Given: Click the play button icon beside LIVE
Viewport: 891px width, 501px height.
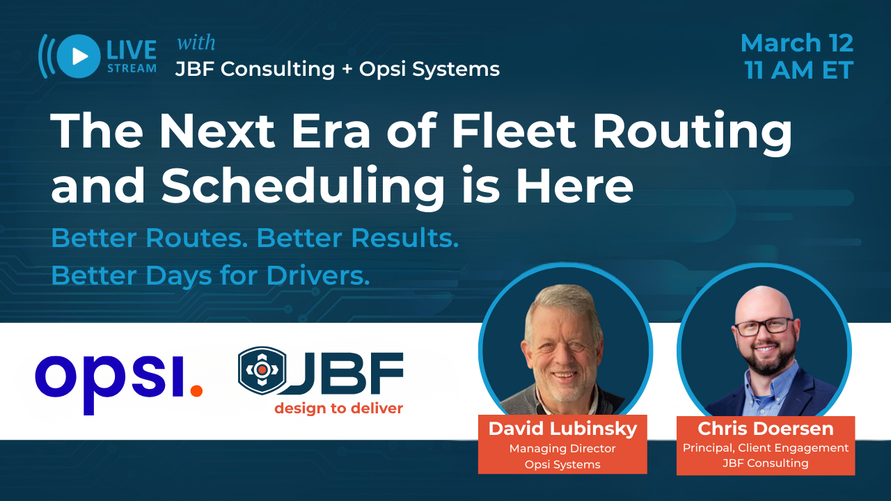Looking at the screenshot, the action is coord(79,56).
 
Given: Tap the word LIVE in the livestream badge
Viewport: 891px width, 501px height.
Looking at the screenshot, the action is coord(132,50).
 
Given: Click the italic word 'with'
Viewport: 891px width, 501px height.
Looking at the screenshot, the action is coord(196,42).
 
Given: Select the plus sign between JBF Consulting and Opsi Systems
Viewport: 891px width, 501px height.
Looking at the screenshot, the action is coord(347,69).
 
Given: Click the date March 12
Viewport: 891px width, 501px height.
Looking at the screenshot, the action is coord(797,43).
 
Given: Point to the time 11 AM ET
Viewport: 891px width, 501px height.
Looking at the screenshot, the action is coord(798,70).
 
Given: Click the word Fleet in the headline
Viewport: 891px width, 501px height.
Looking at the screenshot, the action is coord(514,130).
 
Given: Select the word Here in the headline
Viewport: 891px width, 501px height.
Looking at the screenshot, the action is coord(574,185).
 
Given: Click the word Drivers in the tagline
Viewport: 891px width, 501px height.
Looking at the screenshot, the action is coord(318,275).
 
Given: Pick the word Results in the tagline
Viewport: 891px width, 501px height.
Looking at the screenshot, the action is coord(405,238).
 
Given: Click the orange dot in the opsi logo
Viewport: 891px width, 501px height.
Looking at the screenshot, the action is coord(196,390).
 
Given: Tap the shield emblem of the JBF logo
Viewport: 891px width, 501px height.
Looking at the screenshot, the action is coord(262,369).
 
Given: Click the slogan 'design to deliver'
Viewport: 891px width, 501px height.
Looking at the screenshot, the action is coord(338,408).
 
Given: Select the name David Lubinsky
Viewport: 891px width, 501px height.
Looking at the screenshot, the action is coord(562,429).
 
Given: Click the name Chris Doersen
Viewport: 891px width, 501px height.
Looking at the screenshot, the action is coord(765,429).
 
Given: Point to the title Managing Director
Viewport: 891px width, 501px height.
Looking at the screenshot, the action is coord(562,449).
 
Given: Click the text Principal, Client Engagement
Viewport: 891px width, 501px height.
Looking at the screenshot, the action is coord(765,448).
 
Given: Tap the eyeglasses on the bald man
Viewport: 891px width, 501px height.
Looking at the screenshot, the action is coord(764,326).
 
